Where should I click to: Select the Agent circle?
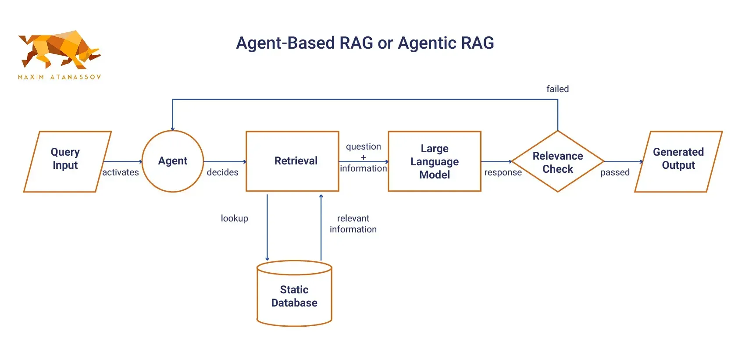(173, 161)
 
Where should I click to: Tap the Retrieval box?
(292, 161)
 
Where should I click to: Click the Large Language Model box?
(434, 161)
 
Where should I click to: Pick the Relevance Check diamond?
(557, 161)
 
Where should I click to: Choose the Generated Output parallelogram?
(678, 161)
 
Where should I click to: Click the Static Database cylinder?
(294, 296)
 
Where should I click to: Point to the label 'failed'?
(557, 89)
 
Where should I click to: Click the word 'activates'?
(121, 172)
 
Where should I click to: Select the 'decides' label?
(222, 172)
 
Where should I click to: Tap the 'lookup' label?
(234, 218)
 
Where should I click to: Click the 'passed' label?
(615, 172)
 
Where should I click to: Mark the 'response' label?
(503, 172)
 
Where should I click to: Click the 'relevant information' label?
(353, 224)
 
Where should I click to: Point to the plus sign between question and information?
(363, 157)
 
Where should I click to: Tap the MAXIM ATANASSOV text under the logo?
(59, 77)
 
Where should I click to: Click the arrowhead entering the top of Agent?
(173, 128)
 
